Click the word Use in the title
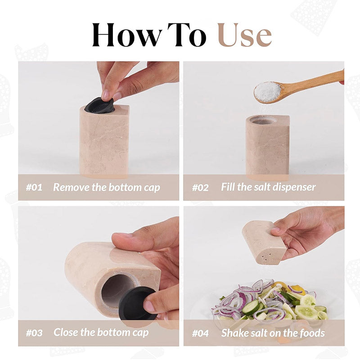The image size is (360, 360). click(244, 35)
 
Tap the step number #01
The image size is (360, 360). click(34, 187)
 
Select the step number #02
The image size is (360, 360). click(200, 187)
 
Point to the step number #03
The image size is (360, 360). click(34, 333)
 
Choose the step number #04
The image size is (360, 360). click(201, 333)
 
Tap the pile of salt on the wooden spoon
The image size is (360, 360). click(267, 91)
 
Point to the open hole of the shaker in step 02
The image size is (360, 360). click(262, 120)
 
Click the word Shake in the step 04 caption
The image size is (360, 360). click(235, 333)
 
